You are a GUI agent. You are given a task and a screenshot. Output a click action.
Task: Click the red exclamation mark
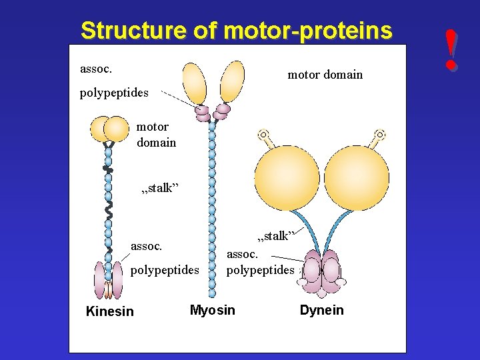(453, 49)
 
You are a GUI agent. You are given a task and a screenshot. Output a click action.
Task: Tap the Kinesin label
(110, 311)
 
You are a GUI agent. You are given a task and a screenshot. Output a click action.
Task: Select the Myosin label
(213, 310)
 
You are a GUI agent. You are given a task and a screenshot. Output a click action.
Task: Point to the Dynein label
(322, 310)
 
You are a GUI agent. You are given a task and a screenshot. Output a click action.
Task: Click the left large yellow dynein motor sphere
(288, 177)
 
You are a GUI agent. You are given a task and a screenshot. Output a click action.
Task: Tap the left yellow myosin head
(194, 83)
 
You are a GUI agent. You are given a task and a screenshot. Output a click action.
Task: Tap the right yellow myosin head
(231, 81)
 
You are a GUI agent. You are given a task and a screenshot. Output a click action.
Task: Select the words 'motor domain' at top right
(325, 75)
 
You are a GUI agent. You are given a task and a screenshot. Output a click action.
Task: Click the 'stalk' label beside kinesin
(159, 188)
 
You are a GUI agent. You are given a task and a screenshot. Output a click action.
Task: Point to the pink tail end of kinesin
(109, 280)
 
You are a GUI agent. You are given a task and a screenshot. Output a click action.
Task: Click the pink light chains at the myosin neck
(212, 113)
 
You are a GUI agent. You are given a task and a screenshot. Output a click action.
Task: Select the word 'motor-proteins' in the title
(308, 31)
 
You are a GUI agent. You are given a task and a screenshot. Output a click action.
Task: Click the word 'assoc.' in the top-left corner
(96, 68)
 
